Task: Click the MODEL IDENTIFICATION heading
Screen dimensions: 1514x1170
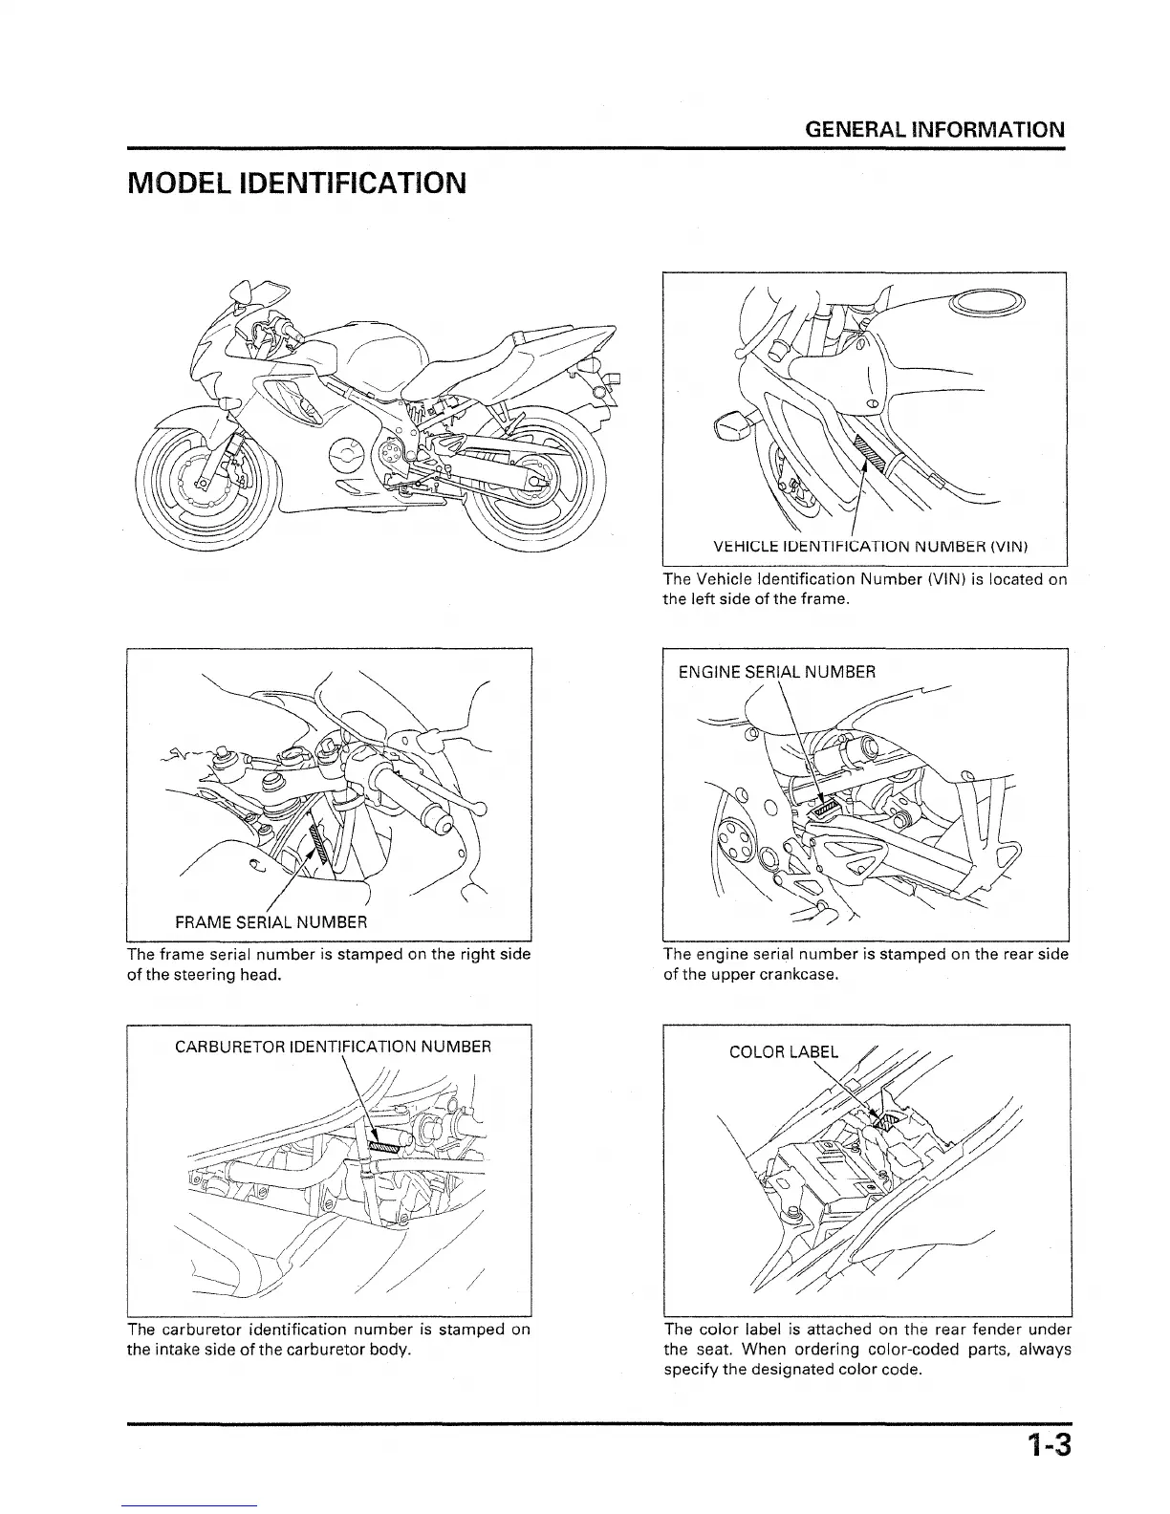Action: click(296, 182)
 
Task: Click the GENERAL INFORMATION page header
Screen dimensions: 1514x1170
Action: click(936, 129)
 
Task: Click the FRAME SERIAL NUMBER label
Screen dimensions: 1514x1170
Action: click(271, 923)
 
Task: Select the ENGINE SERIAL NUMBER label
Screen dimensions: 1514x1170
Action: click(776, 672)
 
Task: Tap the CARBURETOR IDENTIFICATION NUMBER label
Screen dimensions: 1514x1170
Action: click(333, 1047)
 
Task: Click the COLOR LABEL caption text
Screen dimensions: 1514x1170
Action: click(783, 1052)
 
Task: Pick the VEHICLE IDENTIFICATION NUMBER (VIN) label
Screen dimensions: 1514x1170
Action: click(870, 548)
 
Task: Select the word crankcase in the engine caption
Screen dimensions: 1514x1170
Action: click(804, 975)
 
